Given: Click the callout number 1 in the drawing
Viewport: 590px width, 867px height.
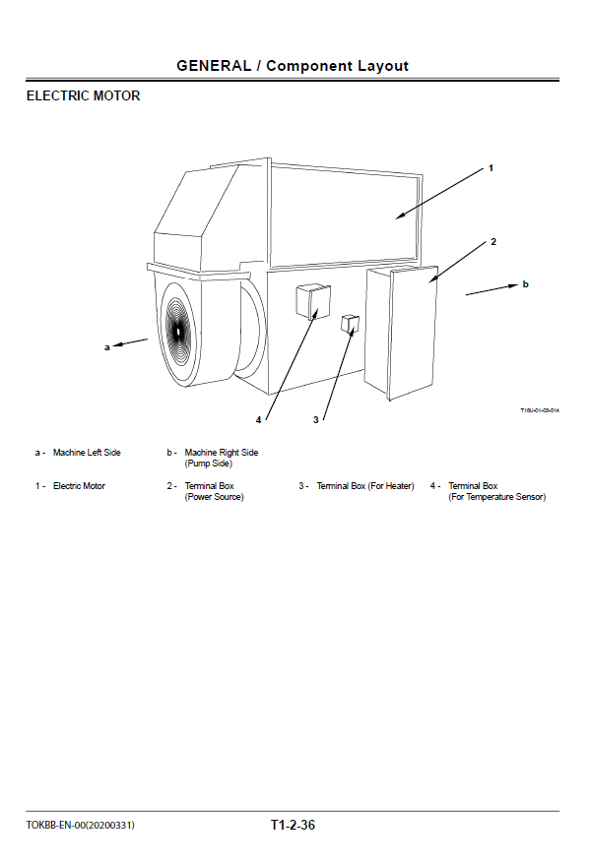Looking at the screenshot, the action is coord(491,168).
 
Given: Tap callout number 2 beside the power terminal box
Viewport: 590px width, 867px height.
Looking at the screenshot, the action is coord(493,242).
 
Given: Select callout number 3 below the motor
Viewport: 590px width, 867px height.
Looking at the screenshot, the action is coord(315,420).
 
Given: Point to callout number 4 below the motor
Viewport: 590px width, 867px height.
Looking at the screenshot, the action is coord(258,420).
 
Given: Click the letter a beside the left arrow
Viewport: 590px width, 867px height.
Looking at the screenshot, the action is coord(107,347).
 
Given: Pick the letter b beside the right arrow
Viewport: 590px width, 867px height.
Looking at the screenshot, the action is coord(525,284).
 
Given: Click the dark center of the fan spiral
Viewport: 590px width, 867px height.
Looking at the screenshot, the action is coord(178,332).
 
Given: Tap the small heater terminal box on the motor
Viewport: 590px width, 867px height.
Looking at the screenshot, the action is coord(351,325).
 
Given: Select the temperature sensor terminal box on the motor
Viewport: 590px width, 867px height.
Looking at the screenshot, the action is coord(313,301).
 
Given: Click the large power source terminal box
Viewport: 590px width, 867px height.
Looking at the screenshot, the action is coord(401,333).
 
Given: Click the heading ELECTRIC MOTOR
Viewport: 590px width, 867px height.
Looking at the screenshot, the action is coord(84,96).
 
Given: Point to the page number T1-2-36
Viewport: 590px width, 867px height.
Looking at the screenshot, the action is coord(293,825).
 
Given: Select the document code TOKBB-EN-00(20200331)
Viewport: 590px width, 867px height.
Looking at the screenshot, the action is coord(80,826).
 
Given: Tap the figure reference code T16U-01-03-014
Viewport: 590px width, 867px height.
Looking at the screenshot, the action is coord(540,410).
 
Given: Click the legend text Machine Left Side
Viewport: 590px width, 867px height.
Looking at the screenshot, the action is coord(87,453).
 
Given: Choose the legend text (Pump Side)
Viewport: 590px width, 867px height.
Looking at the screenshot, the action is coord(209,464).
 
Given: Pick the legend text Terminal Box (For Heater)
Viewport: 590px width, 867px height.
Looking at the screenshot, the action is coord(365,486).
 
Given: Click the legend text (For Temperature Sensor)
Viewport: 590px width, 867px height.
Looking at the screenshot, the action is coord(497,497).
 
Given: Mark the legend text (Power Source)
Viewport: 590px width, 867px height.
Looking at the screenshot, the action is coord(214,497).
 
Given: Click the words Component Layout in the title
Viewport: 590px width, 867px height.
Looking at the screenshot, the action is coord(338,66).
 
